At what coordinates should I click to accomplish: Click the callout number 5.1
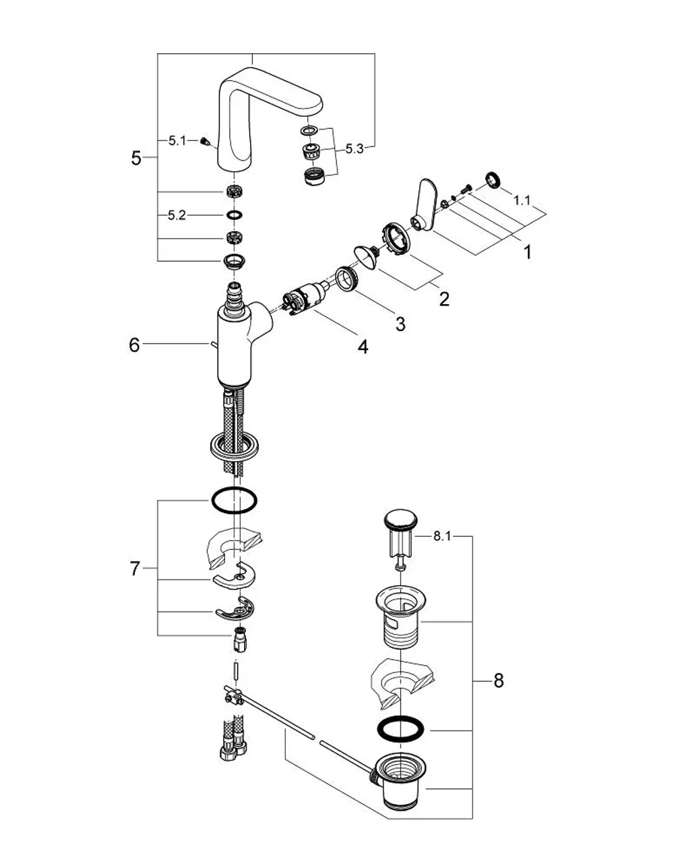177,140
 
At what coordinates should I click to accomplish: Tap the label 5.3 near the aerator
354,149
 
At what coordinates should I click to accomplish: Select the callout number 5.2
177,216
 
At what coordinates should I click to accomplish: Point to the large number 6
134,345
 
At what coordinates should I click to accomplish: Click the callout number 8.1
442,536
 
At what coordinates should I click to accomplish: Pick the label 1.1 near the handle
522,200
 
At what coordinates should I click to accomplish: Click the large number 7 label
135,569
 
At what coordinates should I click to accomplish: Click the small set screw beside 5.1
205,142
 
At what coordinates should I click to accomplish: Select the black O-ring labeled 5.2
235,215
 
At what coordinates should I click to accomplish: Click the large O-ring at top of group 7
234,500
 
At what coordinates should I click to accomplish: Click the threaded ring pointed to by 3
347,279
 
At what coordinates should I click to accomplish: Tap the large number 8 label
499,681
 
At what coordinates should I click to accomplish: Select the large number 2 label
444,299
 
